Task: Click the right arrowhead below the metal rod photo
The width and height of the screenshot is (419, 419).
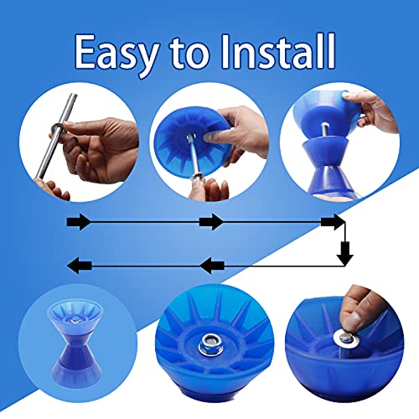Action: pos(78,222)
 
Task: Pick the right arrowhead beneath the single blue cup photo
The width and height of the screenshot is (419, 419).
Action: pos(210,222)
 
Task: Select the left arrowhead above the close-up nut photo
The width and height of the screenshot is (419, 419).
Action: pos(210,266)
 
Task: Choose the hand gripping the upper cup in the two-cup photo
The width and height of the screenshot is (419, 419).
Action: pos(377,109)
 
